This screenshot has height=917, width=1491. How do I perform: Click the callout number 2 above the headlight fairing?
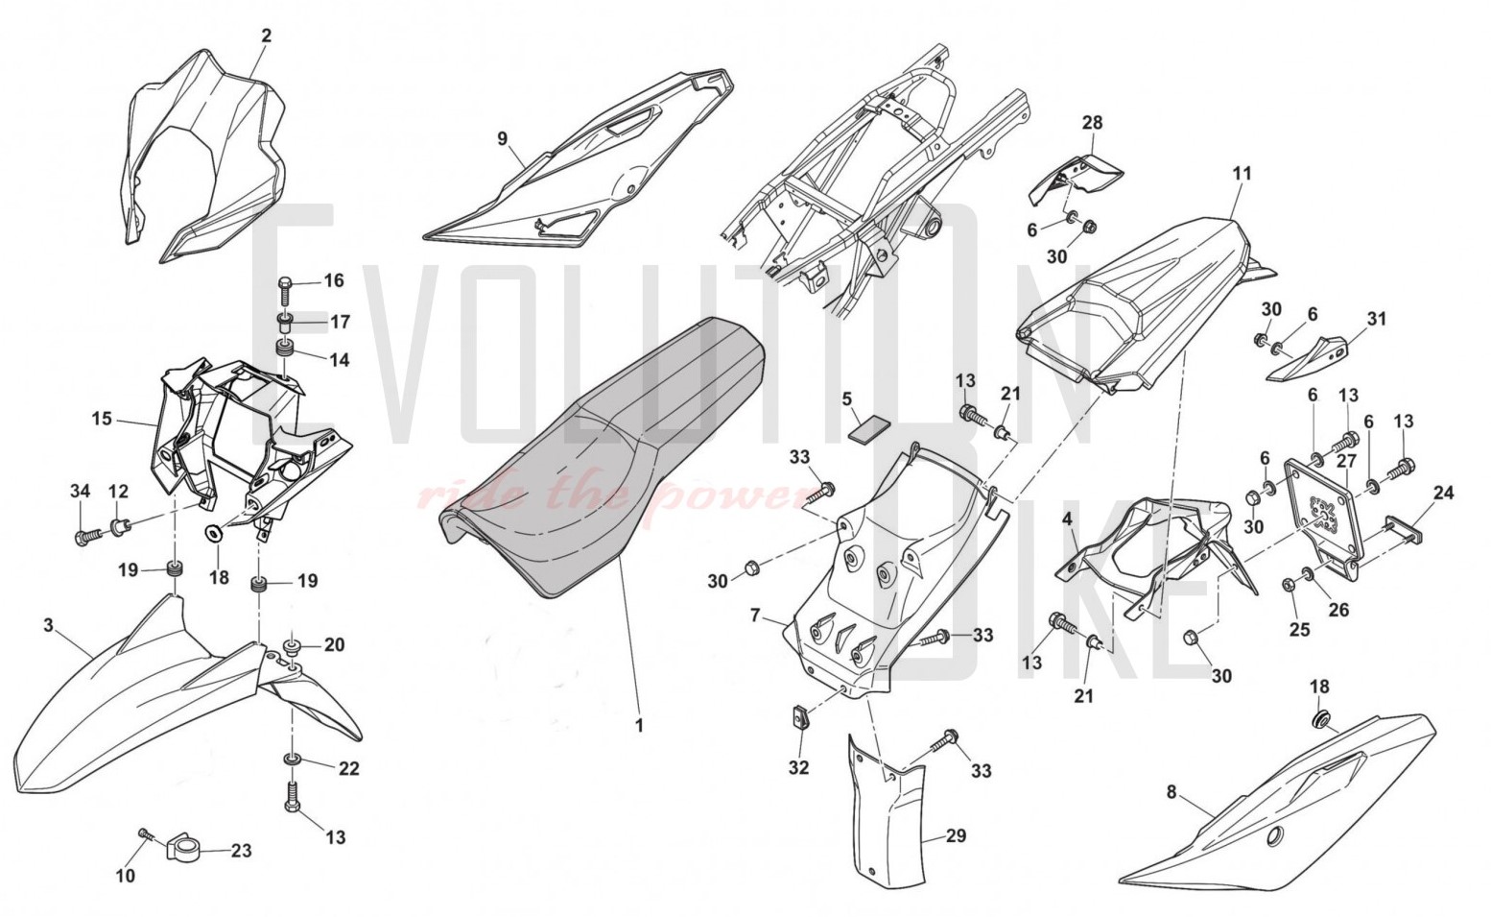(267, 36)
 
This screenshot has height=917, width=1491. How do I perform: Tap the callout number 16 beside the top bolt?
(334, 280)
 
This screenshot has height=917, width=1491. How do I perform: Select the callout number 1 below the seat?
(640, 725)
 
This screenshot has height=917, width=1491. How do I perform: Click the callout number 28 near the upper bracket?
(1092, 123)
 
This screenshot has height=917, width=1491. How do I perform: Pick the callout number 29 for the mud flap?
(956, 835)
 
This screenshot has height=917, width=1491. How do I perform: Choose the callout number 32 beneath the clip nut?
(798, 767)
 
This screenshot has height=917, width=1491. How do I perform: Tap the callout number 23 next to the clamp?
(241, 851)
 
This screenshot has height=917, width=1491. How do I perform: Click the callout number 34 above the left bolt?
(80, 493)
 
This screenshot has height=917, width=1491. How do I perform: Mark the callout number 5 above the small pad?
(846, 398)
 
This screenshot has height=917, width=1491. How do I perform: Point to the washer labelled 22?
(292, 760)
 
